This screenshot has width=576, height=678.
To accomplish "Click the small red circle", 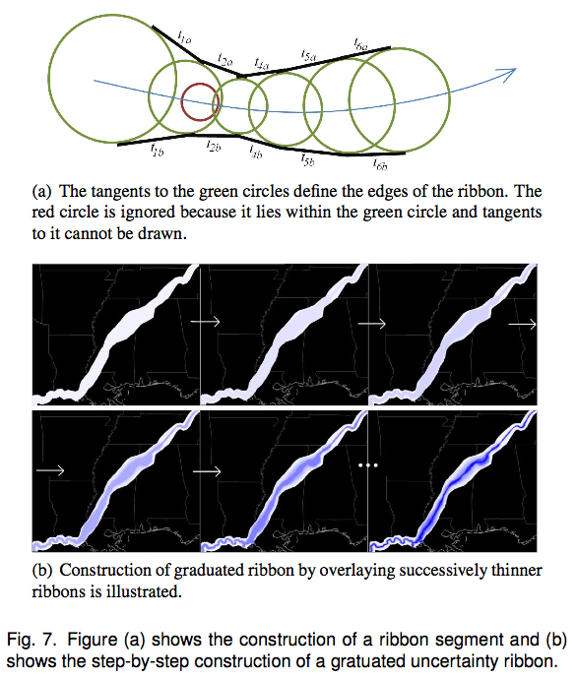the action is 182,102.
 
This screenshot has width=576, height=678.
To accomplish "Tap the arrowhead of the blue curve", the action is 511,73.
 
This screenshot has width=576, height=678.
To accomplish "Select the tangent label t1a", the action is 184,37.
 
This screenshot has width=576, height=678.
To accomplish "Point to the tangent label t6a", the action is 360,44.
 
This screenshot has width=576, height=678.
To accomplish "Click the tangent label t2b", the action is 214,147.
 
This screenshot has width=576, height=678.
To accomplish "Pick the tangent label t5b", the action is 307,160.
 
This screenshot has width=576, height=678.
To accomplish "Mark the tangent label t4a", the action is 261,64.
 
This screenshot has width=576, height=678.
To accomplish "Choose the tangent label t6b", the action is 380,164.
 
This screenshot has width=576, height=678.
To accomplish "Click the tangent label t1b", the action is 157,150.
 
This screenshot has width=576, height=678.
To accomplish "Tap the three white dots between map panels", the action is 368,465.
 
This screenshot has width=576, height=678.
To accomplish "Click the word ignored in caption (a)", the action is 148,213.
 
